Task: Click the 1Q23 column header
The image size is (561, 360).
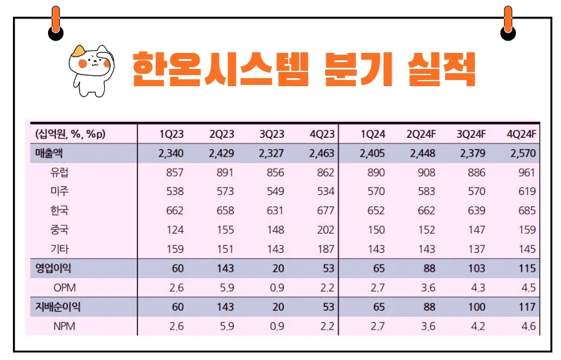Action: [x=171, y=135]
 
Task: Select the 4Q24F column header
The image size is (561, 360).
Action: [x=521, y=135]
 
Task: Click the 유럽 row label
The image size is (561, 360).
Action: [x=59, y=172]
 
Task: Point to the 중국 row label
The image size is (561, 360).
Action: [x=59, y=230]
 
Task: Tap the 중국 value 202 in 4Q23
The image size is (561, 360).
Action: [x=325, y=230]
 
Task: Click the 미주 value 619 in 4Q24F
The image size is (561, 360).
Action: [x=527, y=191]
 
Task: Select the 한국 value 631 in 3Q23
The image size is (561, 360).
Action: [x=275, y=210]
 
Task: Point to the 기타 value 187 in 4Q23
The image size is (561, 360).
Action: [x=325, y=249]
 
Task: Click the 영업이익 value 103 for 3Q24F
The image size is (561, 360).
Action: [x=476, y=268]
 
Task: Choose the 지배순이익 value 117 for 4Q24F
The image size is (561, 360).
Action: [x=527, y=306]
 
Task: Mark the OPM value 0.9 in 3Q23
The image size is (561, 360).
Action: [x=277, y=287]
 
